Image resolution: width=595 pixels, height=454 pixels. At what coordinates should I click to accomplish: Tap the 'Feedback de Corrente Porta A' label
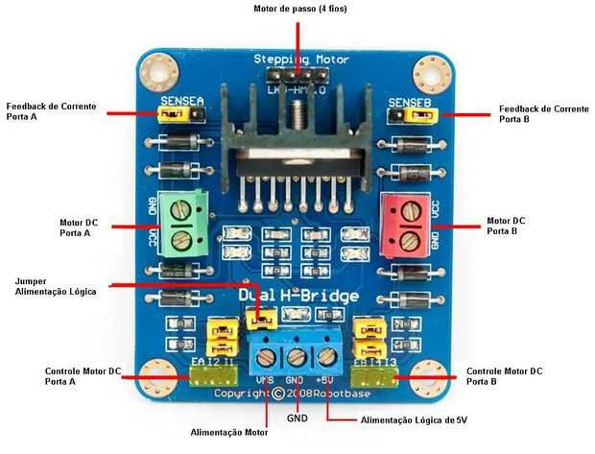(x=51, y=112)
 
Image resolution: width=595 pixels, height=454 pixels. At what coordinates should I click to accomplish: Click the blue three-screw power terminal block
(x=297, y=355)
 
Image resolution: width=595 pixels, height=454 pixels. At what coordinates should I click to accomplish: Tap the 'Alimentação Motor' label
(x=229, y=432)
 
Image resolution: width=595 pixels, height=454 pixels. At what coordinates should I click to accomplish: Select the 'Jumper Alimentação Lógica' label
(x=56, y=286)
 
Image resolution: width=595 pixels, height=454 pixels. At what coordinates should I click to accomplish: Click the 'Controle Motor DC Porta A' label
(x=83, y=375)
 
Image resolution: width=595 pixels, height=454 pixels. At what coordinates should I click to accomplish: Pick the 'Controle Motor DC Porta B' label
(x=504, y=375)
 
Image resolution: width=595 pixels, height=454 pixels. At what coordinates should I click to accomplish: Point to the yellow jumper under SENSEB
(x=419, y=116)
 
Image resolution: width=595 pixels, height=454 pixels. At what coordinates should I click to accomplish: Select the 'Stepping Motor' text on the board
(x=300, y=60)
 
